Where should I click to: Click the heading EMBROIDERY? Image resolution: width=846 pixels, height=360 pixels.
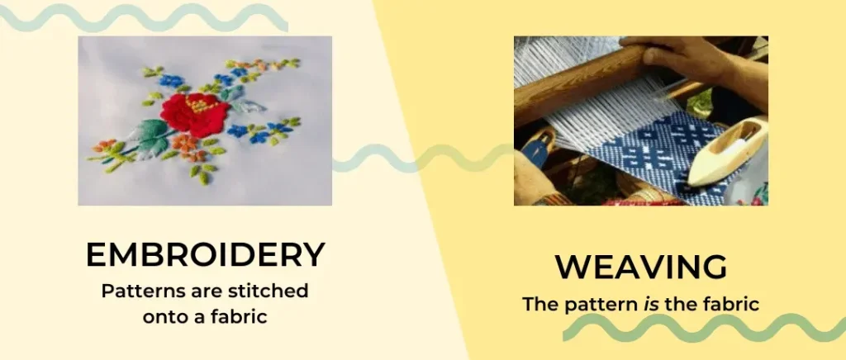click(x=206, y=255)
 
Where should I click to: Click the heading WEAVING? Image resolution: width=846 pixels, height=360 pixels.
click(x=641, y=268)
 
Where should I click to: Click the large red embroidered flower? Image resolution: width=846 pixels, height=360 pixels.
click(x=194, y=115)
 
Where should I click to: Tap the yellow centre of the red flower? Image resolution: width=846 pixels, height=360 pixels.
click(x=200, y=104)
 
